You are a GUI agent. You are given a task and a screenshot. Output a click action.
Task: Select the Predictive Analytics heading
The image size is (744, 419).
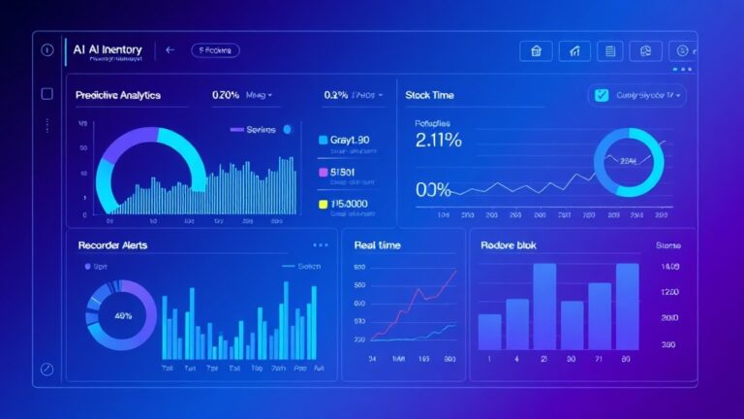pos(118,95)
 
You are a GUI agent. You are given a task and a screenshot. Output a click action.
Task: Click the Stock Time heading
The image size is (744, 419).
pos(429,95)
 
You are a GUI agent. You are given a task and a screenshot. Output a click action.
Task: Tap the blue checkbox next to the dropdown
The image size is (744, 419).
pos(602,95)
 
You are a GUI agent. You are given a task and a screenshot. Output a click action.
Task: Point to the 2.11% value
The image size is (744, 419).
pos(438,141)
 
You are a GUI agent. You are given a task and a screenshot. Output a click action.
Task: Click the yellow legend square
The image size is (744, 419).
pos(324,204)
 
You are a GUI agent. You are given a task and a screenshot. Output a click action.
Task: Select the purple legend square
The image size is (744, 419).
pos(324,172)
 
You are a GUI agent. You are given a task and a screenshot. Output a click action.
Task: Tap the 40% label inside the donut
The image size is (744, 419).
pos(123,316)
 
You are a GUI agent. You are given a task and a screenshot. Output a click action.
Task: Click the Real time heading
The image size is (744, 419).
pos(378,246)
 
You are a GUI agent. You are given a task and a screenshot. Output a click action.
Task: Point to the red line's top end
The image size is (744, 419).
pos(454,271)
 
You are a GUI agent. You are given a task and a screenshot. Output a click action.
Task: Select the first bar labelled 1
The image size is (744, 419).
pos(490,331)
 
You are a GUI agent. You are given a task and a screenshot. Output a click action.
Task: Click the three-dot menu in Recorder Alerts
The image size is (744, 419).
pos(321,245)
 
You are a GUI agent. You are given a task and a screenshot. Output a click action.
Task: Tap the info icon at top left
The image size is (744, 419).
pos(46,50)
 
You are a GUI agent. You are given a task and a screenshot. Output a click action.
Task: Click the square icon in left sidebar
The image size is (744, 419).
pos(46,94)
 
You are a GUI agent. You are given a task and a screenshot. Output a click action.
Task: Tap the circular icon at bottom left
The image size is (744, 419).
pos(46,369)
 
